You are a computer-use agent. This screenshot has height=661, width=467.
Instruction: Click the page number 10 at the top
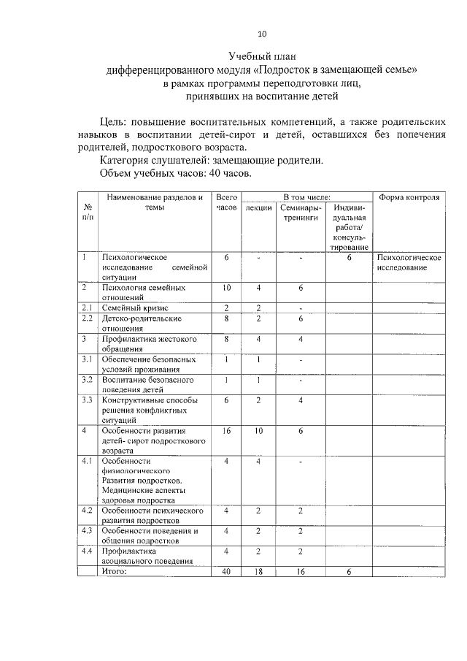coord(263,33)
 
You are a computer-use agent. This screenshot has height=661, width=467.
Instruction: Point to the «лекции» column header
coord(258,208)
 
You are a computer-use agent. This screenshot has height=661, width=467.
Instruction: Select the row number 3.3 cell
coord(87,400)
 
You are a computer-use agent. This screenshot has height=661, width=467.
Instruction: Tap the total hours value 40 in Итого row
coord(226,571)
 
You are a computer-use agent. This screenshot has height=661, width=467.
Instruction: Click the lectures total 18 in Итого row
coord(258,571)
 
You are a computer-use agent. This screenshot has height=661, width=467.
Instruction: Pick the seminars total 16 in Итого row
coord(300,571)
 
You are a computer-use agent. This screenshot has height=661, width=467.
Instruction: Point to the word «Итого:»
coord(115,571)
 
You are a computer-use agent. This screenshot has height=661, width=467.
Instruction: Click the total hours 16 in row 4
coord(226,431)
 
